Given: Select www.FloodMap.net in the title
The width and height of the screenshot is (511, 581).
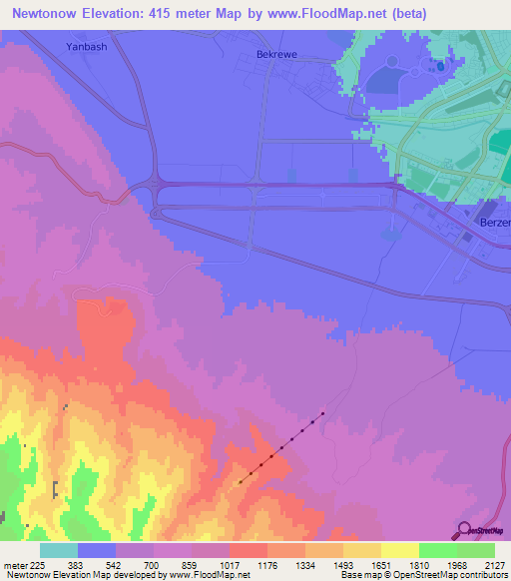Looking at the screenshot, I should point(341,14).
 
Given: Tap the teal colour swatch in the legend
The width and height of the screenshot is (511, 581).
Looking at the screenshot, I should point(59,550).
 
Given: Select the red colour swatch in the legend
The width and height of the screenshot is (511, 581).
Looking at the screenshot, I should point(249,550).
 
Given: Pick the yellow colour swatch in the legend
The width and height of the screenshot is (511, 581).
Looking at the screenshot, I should point(399,550).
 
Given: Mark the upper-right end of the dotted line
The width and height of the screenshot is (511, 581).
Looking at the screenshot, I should point(322,413).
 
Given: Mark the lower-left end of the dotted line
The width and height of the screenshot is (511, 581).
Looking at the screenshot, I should point(240,482).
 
